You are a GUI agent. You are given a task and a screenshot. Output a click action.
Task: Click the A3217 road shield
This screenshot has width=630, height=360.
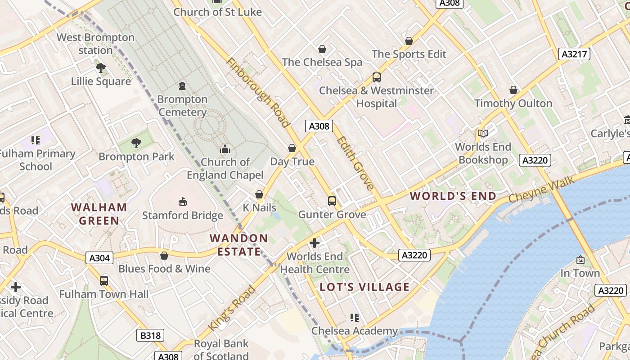[574, 54]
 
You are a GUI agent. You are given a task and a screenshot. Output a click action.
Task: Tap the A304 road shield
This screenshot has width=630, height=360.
[99, 258]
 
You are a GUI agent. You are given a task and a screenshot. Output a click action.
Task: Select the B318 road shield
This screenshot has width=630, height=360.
[150, 335]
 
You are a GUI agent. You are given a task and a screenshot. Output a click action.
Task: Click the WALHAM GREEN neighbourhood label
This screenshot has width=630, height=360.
[99, 214]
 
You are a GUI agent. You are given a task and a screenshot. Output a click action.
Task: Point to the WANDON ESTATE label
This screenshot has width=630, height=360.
[239, 245]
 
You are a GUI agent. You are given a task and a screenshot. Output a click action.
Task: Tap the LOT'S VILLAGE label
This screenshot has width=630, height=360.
[365, 287]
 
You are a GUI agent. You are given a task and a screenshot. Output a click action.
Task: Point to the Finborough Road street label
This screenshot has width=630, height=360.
[258, 92]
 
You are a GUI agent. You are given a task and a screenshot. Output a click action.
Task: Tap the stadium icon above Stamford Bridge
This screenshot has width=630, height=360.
[183, 202]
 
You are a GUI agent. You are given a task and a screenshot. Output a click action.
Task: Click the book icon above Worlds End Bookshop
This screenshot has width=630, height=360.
[483, 133]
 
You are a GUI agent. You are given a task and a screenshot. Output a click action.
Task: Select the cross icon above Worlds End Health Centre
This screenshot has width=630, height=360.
[315, 243]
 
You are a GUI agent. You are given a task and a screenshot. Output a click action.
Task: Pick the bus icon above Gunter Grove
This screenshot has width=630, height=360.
[332, 201]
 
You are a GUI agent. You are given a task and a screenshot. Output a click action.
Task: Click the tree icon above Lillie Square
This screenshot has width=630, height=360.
[101, 68]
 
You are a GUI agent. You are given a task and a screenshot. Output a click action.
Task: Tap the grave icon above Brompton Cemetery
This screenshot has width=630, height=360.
[182, 85]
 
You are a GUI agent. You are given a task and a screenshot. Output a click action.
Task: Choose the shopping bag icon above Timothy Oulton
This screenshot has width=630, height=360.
[513, 90]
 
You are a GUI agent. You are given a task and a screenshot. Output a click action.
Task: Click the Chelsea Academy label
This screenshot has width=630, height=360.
[355, 331]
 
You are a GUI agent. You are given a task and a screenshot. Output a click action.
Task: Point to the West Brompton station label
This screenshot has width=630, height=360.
[95, 44]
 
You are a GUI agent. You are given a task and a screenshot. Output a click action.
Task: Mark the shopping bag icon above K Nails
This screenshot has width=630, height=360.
[259, 194]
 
